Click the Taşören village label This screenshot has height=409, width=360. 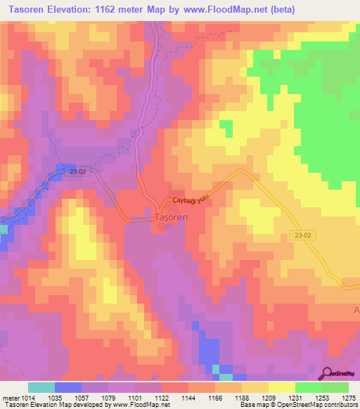[x=169, y=218]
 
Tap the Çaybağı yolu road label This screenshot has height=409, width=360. [x=187, y=201]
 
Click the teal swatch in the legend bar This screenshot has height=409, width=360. [x=41, y=387]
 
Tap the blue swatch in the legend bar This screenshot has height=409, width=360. [x=68, y=387]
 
